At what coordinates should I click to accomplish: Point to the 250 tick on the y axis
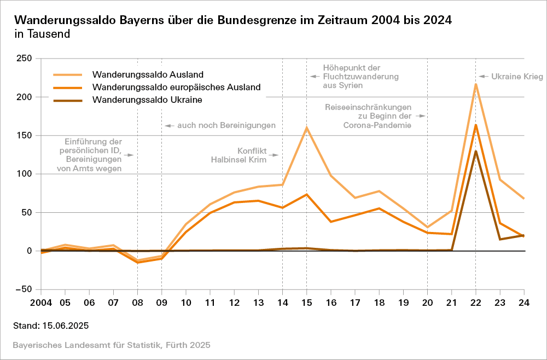click(x=25, y=59)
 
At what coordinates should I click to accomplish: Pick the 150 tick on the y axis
click(x=25, y=136)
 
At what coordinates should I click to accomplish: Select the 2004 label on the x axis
click(x=41, y=303)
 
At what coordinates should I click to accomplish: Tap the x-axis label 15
click(x=306, y=303)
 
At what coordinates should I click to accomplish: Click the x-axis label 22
click(x=475, y=303)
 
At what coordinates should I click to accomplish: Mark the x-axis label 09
click(x=161, y=303)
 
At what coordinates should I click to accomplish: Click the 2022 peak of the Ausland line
click(x=476, y=84)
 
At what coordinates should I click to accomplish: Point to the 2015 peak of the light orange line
click(x=306, y=127)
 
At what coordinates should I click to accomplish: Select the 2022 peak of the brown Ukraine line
click(x=476, y=151)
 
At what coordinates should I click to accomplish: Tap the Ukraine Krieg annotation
click(x=517, y=77)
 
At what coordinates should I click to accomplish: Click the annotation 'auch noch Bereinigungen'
click(x=226, y=125)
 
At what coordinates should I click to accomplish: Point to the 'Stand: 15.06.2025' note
click(x=51, y=326)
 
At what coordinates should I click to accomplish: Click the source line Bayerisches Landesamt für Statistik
click(x=112, y=345)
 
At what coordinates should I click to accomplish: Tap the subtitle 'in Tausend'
click(x=42, y=34)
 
